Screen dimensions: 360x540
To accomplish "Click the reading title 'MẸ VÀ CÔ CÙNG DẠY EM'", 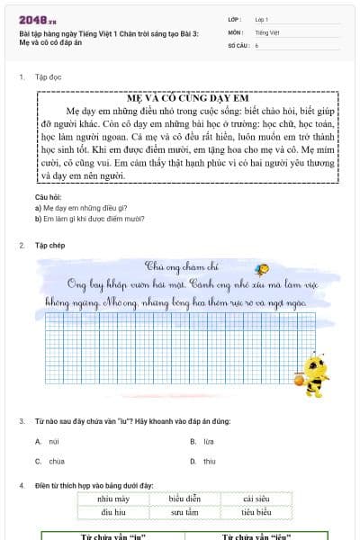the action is pos(179,97).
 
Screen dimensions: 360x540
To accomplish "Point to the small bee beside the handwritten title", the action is pos(261,267).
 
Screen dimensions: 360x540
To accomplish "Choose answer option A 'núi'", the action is pos(53,441).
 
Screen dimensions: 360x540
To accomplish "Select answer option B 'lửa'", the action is pos(208,441).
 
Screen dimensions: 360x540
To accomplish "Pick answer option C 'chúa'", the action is pos(56,462).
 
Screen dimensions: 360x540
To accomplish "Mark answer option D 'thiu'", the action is pos(209,462).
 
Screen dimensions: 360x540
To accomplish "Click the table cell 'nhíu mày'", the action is pos(113,499).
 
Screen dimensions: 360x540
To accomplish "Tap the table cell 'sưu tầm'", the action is pos(184,512).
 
